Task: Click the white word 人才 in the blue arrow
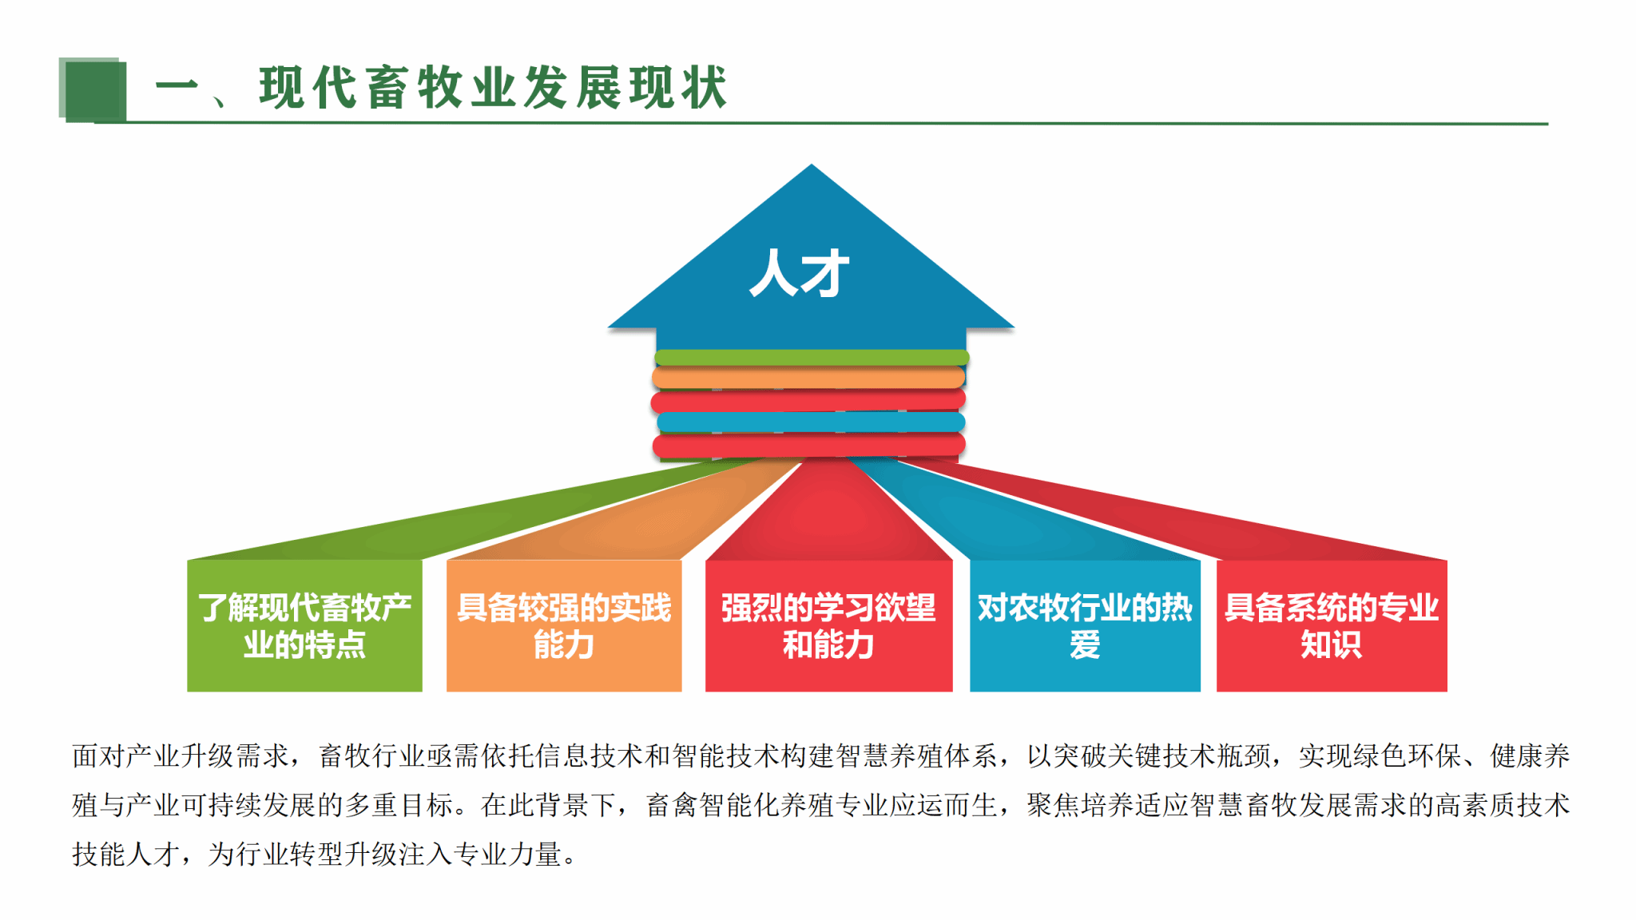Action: tap(799, 272)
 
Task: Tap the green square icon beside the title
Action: tap(93, 89)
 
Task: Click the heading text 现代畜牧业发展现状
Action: tap(493, 87)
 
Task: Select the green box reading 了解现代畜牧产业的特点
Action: tap(304, 625)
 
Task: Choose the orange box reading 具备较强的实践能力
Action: tap(564, 625)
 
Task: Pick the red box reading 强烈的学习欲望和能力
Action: tap(828, 625)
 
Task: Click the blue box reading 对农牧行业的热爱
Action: tap(1085, 625)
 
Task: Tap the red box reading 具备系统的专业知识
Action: tap(1332, 625)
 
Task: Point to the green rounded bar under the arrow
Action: tap(812, 357)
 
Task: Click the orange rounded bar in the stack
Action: tap(808, 377)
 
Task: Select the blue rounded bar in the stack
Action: tap(811, 422)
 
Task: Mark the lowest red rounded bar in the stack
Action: tap(808, 445)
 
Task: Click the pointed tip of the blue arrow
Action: tap(812, 165)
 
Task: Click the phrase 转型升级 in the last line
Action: tap(344, 855)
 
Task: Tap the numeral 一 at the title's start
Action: tap(177, 85)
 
